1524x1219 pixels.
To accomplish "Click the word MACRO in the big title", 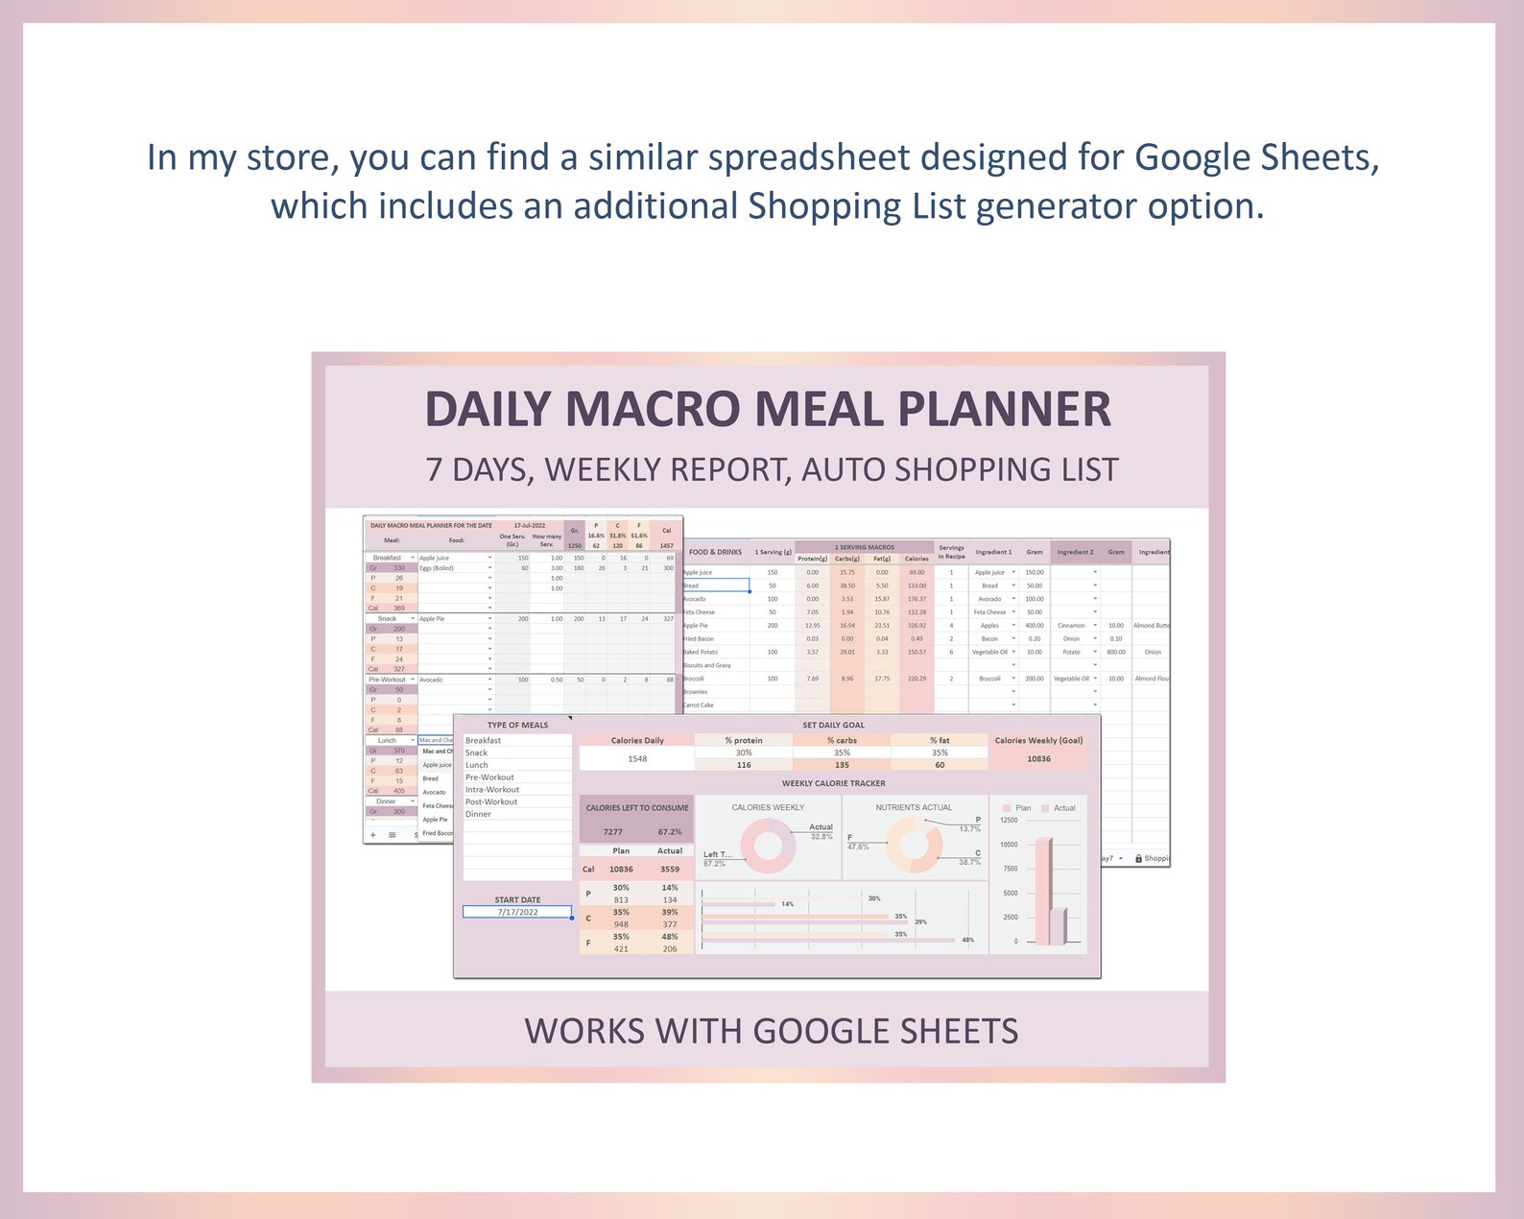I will click(654, 410).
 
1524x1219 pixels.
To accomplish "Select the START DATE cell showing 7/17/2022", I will click(517, 912).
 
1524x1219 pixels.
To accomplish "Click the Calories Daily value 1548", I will click(637, 759).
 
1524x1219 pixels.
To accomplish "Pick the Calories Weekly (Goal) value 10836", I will click(1038, 759).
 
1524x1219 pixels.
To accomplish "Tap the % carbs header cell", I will click(842, 740).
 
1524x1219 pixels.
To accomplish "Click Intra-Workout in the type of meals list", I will click(492, 790).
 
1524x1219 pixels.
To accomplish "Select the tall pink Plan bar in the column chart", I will click(1042, 893).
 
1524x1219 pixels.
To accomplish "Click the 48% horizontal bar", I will click(830, 941).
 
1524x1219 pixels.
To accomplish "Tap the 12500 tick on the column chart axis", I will click(1009, 821).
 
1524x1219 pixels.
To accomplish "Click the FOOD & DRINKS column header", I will click(715, 552).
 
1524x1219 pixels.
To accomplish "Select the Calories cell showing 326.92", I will click(917, 626).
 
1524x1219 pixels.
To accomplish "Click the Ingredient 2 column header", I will click(1075, 552).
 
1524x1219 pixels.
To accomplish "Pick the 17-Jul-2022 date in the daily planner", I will click(529, 526).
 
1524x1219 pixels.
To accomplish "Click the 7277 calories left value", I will click(612, 832).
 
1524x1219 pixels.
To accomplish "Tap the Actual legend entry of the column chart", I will click(1060, 808).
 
